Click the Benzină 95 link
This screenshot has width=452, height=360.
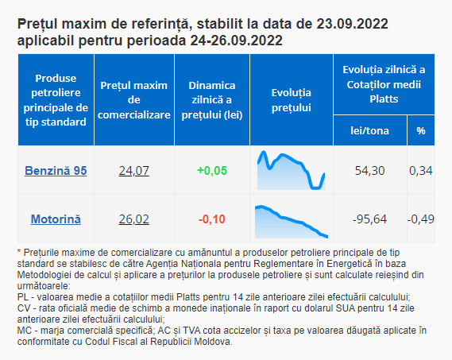click(56, 171)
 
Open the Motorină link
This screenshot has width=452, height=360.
click(56, 219)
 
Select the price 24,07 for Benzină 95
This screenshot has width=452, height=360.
click(134, 171)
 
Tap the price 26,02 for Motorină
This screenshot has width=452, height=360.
click(134, 219)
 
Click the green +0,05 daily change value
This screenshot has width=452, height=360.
click(212, 171)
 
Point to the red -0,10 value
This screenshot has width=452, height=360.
click(212, 219)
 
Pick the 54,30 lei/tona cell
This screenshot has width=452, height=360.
click(370, 171)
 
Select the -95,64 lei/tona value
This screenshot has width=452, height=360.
click(370, 219)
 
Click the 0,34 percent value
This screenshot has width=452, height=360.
click(421, 171)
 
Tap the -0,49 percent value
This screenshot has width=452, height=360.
click(421, 219)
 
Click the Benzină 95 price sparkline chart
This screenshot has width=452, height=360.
click(292, 170)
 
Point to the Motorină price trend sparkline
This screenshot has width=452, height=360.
click(292, 222)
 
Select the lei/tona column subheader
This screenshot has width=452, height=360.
click(370, 130)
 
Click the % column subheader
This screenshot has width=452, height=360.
click(421, 130)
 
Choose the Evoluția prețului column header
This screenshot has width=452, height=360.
click(292, 100)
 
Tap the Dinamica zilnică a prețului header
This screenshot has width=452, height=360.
click(212, 100)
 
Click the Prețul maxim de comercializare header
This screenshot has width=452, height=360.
click(134, 100)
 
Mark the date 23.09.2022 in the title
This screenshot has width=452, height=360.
click(352, 24)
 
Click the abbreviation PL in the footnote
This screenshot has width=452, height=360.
click(23, 297)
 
